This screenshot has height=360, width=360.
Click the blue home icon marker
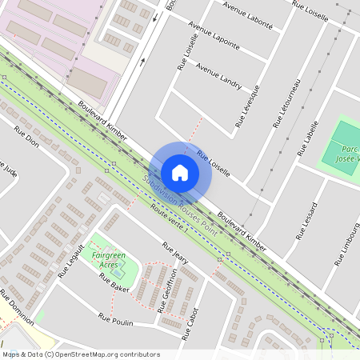[x=180, y=172]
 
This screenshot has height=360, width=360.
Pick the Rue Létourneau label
[x=286, y=103]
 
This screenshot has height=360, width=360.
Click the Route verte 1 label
[x=169, y=217]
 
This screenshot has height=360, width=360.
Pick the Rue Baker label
[x=114, y=282]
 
